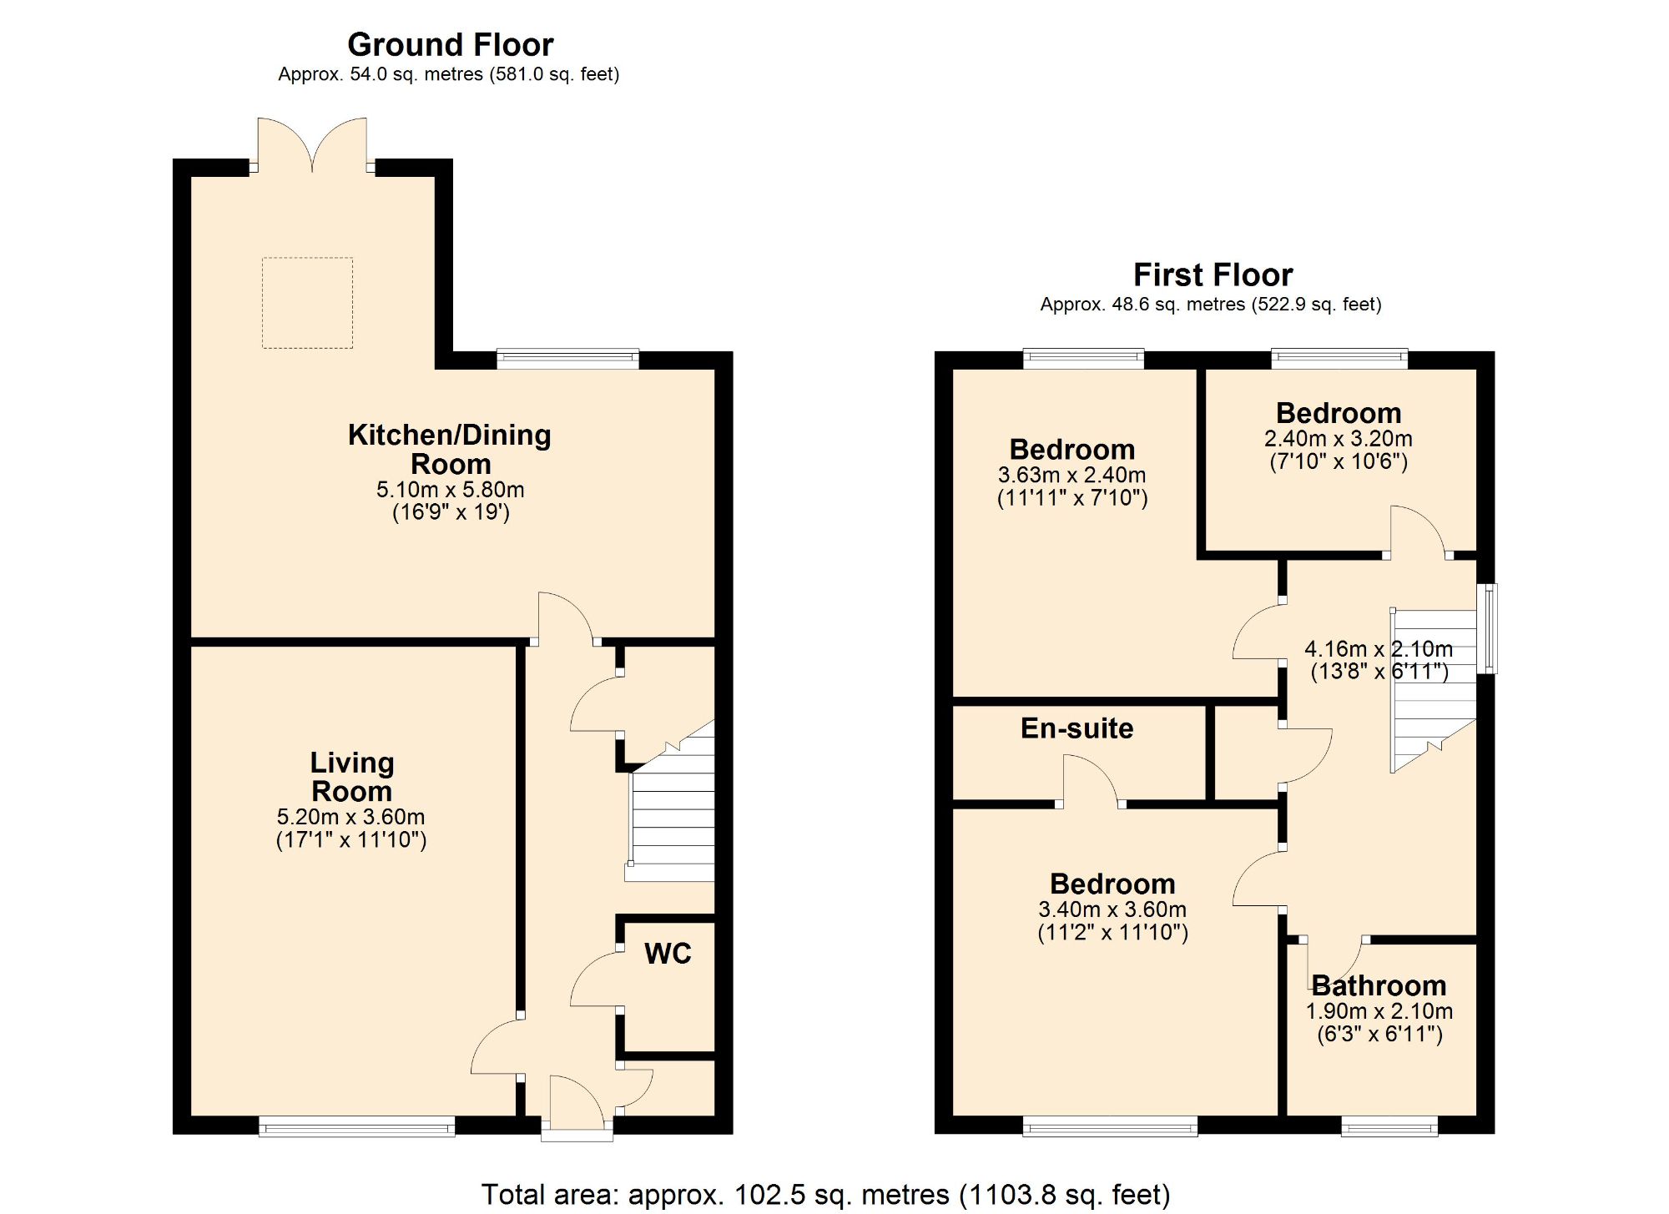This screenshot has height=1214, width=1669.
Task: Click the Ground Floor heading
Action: coord(450,45)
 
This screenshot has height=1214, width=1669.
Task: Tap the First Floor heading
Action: coord(1212,275)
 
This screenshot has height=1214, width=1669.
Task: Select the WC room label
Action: coord(668,954)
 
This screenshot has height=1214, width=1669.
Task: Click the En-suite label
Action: coord(1077,728)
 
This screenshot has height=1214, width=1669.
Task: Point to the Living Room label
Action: coord(351,777)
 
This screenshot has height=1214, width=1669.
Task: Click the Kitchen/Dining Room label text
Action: coord(450,449)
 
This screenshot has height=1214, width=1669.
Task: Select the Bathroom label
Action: coord(1379,986)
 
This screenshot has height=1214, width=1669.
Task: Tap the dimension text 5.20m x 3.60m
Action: coord(351,817)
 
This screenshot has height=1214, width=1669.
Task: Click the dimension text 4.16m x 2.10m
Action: coord(1379,648)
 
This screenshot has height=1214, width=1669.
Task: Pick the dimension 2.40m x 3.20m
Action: coord(1338,439)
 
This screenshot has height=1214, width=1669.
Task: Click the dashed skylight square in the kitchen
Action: coord(307,303)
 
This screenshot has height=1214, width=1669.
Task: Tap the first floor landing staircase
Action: coord(1433,688)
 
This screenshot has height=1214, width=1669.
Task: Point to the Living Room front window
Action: coord(356,1127)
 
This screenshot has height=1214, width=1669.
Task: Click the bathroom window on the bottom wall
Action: coord(1389,1127)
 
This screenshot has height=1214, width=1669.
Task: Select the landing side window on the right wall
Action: coord(1488,628)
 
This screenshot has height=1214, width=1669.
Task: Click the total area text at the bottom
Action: coord(825,1194)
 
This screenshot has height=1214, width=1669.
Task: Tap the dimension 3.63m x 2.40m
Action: coord(1072,476)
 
